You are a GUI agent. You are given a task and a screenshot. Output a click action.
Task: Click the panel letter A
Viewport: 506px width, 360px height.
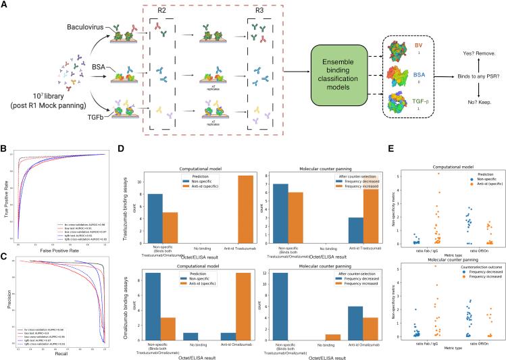5,5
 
